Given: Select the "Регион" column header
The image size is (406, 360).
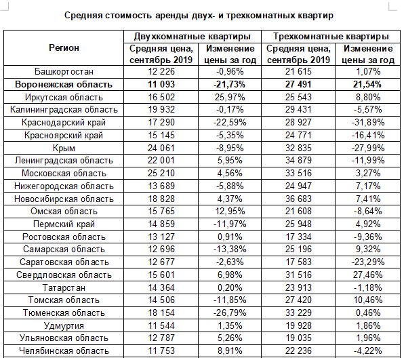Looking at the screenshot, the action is [x=64, y=48].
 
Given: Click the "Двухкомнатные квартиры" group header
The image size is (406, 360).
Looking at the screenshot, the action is [x=192, y=37].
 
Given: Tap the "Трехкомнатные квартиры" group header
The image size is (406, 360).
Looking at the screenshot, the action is [x=331, y=37].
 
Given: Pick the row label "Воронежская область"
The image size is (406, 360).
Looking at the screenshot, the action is [x=64, y=85].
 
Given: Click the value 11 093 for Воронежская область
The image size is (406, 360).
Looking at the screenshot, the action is [x=161, y=85].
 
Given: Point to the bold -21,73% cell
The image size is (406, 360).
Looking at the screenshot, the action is [x=229, y=85].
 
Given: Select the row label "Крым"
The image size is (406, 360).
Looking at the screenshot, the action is [x=64, y=148].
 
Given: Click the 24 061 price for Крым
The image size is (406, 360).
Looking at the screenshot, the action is [x=161, y=148].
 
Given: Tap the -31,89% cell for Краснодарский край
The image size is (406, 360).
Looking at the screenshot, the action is [x=368, y=123].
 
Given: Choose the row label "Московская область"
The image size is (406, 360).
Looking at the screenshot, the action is [x=64, y=174].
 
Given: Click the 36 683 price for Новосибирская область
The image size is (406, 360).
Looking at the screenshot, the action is [x=298, y=199].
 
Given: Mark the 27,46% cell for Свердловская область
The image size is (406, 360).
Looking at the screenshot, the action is [x=367, y=275].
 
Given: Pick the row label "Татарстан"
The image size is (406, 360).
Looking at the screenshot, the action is [x=64, y=287].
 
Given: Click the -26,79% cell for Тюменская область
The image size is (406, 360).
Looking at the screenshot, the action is [x=230, y=313].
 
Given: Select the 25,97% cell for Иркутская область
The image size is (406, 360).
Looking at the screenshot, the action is [x=230, y=98].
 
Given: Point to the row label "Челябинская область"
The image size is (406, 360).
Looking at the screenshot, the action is [x=64, y=351].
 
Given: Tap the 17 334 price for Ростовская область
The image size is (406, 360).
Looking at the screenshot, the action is [x=298, y=237].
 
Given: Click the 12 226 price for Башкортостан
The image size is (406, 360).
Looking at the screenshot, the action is [x=161, y=72].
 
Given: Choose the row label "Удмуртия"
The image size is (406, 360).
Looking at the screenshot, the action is [x=64, y=326].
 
